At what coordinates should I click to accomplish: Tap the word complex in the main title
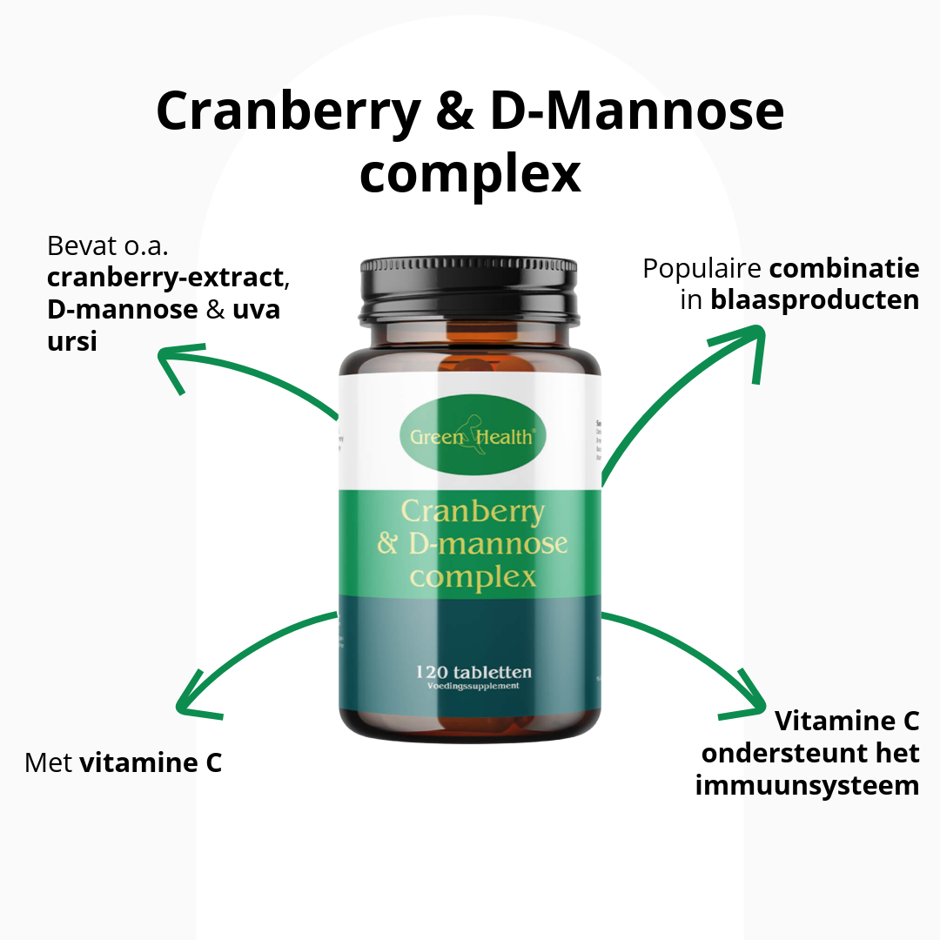click(x=470, y=172)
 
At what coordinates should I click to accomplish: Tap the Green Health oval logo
click(x=473, y=434)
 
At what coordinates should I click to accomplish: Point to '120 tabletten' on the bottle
click(x=473, y=672)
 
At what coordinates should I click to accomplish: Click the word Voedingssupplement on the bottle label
click(x=473, y=686)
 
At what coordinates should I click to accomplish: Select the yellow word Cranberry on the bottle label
click(x=472, y=512)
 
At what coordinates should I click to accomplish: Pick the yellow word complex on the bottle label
click(x=473, y=576)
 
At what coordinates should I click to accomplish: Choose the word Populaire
click(x=701, y=268)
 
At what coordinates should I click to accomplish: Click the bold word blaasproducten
click(x=815, y=299)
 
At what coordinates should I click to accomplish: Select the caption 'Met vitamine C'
click(x=124, y=763)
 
